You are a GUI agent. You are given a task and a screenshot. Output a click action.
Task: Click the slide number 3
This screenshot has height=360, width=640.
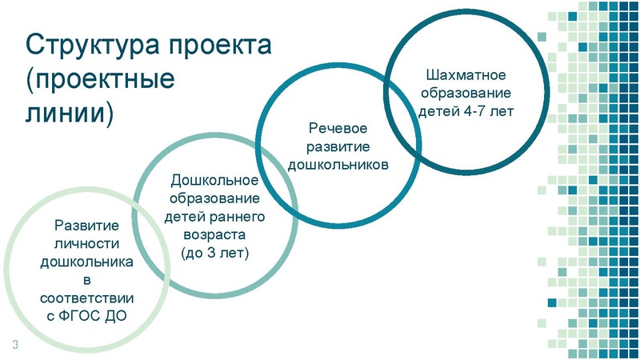[14, 345]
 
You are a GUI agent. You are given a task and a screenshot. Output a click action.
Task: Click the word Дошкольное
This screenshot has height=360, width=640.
[214, 181]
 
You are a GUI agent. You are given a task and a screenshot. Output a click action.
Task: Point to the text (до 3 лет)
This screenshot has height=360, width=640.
[214, 252]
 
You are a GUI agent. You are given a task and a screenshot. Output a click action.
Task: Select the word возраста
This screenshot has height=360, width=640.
[214, 234]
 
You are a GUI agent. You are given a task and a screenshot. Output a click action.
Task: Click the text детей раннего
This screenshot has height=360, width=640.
[214, 217]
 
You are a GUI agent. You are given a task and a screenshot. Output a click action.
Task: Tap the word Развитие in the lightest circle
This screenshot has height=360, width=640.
[86, 226]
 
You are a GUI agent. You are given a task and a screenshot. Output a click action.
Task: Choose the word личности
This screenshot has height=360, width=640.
[86, 243]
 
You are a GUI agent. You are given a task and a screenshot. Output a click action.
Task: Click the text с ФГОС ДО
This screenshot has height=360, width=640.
[86, 315]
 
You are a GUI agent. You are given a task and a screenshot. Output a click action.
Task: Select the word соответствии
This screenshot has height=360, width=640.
[86, 297]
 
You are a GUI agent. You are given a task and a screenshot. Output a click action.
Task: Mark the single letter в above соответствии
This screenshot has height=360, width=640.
[86, 279]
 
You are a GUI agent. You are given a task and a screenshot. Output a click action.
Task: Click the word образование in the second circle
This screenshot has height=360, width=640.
[214, 198]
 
